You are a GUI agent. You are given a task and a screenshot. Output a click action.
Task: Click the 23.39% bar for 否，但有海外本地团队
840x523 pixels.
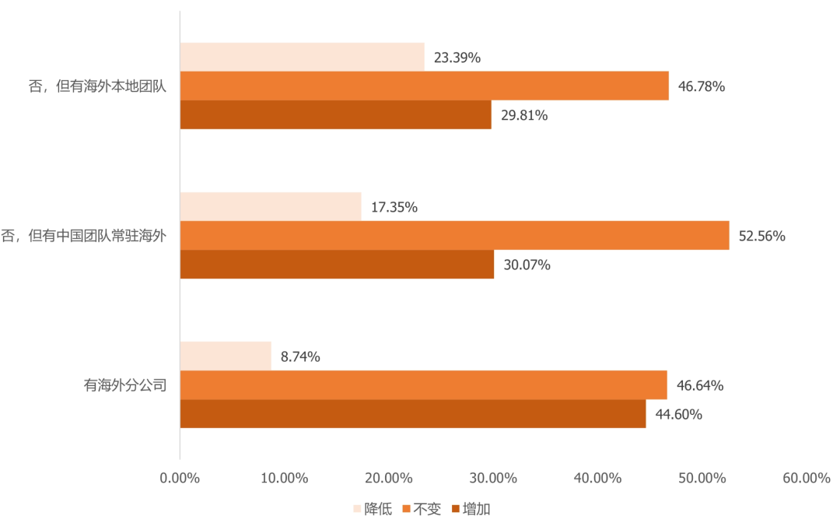coord(302,57)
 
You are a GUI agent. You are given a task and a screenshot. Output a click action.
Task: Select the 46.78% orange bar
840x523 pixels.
coord(424,86)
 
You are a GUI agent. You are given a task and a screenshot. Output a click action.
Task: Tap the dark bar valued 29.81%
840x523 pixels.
coord(335,114)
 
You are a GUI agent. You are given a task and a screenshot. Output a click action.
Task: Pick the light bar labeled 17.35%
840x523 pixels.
coord(271,206)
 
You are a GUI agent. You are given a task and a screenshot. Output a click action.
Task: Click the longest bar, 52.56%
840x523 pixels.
coord(454,235)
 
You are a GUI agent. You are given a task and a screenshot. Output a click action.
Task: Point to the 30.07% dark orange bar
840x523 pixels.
coord(337,264)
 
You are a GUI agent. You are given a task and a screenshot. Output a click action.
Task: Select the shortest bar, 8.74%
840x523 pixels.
coord(226,356)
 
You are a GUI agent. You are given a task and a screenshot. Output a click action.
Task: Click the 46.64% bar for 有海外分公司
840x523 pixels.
coord(423,384)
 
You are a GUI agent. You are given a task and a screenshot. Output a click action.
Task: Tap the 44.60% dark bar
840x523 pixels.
coord(413,413)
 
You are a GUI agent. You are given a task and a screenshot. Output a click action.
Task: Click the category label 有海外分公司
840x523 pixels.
coord(126,384)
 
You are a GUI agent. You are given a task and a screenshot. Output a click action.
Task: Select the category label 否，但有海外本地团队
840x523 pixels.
coord(98,86)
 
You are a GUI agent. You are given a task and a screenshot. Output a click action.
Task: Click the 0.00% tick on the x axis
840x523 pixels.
coord(180,478)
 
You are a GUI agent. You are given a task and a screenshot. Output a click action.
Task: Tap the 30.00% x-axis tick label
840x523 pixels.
coord(492,478)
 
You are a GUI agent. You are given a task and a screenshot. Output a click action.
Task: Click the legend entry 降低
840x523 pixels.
coord(378,509)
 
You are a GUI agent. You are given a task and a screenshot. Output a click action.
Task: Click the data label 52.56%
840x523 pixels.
coord(761,236)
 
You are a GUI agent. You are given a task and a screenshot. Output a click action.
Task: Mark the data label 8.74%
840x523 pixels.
coord(300,356)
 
